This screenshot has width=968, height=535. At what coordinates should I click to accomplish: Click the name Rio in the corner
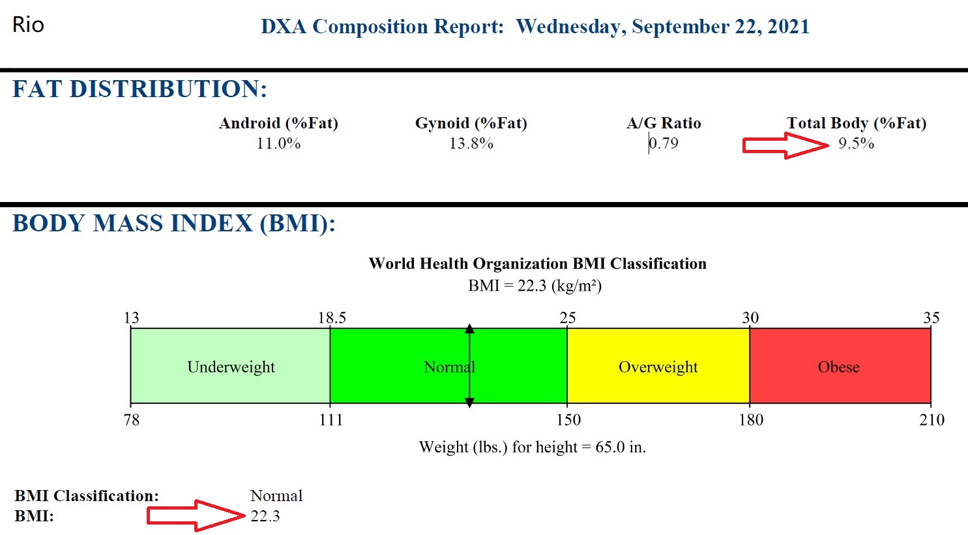click(x=28, y=25)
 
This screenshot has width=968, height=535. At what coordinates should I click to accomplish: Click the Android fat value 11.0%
click(x=278, y=143)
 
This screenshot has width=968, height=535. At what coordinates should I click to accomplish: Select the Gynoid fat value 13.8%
click(x=471, y=143)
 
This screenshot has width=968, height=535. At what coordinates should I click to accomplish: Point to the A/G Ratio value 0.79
click(x=664, y=143)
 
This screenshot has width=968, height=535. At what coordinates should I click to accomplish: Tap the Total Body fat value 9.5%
click(x=856, y=143)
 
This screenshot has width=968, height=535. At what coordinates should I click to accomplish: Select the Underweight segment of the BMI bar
click(x=231, y=366)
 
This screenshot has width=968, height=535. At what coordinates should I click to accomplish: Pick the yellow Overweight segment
click(x=658, y=366)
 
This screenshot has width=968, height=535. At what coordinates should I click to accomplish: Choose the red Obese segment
click(x=839, y=366)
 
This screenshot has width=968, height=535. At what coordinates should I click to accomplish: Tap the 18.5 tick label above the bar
click(x=332, y=318)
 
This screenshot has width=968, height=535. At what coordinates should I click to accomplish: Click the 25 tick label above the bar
click(x=567, y=318)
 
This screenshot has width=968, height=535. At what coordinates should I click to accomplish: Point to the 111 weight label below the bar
click(x=331, y=420)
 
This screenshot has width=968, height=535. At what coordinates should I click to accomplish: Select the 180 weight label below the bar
click(x=750, y=420)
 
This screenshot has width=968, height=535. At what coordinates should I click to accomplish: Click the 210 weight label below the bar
click(x=931, y=420)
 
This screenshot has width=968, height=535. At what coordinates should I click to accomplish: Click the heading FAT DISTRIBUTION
click(x=139, y=89)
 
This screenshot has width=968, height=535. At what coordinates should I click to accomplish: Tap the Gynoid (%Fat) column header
click(x=471, y=123)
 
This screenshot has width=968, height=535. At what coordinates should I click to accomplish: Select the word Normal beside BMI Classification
click(x=276, y=496)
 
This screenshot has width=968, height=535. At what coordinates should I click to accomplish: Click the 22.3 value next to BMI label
click(x=265, y=516)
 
